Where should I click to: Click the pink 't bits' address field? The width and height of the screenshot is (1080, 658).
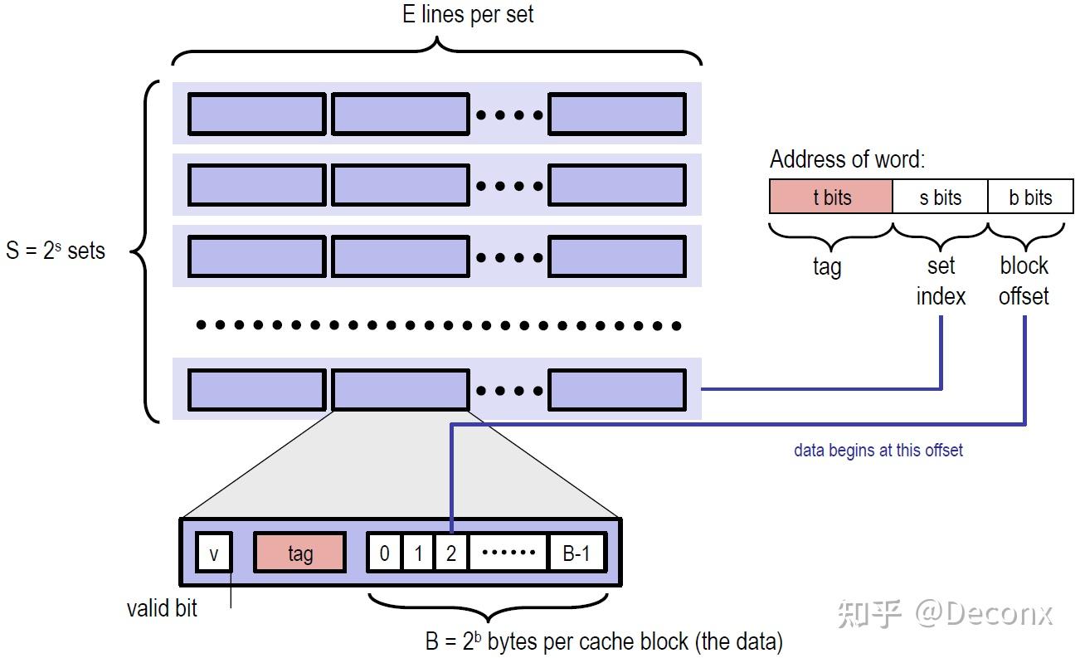point(831,197)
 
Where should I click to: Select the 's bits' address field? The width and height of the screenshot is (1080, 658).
point(940,197)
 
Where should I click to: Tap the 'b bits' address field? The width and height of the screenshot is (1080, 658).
point(1030,197)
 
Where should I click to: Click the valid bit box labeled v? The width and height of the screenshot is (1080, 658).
point(214,553)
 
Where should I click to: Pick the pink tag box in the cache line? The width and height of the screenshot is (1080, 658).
point(299,553)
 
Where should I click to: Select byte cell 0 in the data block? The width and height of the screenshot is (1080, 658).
point(384,553)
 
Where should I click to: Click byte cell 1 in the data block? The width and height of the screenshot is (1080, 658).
point(418,553)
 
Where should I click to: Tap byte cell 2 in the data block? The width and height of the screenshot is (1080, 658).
point(451,553)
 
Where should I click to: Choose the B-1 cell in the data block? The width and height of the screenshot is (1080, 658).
point(576,553)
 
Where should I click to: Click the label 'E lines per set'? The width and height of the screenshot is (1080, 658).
point(468,15)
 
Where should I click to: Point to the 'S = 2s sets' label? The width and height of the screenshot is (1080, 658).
point(56,251)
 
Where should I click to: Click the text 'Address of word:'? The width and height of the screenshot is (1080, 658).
point(847,159)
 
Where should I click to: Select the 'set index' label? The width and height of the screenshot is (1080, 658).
point(941,281)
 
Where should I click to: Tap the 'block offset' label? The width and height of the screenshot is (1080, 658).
point(1024,281)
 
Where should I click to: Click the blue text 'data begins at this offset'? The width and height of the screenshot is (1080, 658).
point(878,451)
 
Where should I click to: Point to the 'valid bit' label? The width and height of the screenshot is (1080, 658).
point(162,608)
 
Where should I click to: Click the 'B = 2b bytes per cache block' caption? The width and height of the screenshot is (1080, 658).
point(604,641)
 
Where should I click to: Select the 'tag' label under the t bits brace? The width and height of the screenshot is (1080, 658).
point(827,266)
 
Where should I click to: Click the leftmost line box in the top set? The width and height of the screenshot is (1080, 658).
point(256,115)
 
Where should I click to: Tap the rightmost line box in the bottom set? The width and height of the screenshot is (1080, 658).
point(617,390)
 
